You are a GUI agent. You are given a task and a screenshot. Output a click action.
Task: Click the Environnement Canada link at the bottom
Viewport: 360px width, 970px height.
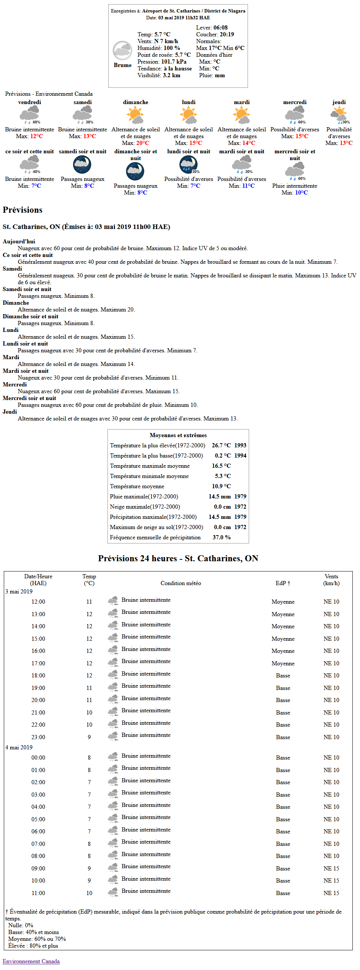tap(31, 961)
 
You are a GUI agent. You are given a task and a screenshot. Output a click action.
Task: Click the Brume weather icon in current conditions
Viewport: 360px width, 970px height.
tap(122, 51)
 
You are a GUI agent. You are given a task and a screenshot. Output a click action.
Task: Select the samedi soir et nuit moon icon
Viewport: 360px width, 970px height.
tap(82, 164)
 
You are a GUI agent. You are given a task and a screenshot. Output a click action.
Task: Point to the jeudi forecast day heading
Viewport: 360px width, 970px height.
tap(339, 102)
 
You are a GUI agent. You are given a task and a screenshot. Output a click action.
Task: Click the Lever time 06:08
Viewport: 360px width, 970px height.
tap(220, 28)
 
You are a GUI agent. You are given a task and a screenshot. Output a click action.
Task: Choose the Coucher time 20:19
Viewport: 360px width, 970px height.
tap(227, 34)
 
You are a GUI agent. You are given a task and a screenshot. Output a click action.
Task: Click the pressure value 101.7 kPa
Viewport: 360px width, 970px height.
tap(174, 62)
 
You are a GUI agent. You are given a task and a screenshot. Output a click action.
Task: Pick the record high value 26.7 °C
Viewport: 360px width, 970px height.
tap(221, 445)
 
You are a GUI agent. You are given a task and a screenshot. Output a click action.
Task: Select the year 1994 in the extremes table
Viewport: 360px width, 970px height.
tap(240, 456)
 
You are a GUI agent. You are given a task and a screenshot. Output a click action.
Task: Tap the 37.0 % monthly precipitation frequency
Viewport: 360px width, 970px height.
tap(221, 537)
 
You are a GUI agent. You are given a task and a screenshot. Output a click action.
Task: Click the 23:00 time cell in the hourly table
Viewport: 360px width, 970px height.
tap(38, 737)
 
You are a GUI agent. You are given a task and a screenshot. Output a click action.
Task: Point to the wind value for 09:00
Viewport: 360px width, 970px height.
tap(331, 869)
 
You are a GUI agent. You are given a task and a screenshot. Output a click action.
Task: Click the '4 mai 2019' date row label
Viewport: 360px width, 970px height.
tap(19, 747)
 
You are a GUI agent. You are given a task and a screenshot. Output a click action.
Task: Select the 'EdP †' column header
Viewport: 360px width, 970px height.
tap(283, 583)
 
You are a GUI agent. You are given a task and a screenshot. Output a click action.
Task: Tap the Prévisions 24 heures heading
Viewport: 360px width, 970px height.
tap(178, 558)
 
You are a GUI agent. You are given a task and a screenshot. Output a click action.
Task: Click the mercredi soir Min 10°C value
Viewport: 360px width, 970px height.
tap(301, 193)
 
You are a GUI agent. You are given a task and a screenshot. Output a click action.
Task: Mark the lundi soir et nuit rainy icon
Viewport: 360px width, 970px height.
tap(188, 164)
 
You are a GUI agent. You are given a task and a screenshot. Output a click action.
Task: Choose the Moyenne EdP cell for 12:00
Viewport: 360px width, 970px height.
tap(283, 602)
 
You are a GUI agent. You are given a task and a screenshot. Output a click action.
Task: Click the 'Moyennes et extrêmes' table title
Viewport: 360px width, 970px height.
tap(178, 435)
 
